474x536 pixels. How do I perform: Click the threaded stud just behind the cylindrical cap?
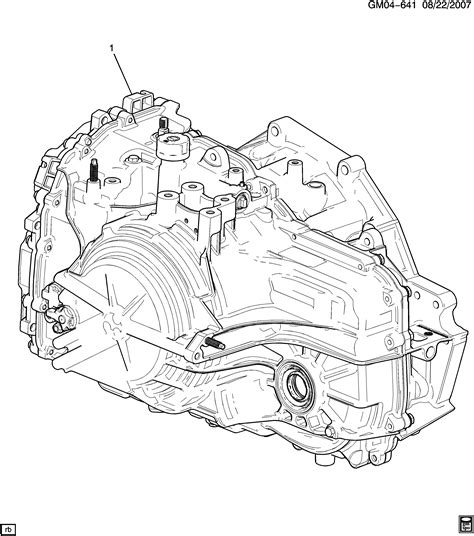[x=161, y=124]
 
